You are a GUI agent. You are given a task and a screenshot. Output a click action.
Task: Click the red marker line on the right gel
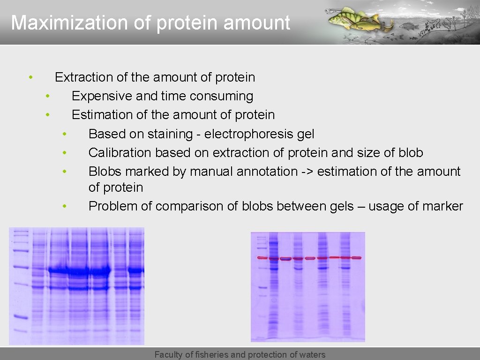[x=309, y=258]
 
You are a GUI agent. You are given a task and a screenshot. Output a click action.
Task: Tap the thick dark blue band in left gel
[x=79, y=270]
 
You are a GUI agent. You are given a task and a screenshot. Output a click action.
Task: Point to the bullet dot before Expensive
[x=47, y=96]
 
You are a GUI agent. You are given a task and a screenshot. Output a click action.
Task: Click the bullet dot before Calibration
[x=64, y=153]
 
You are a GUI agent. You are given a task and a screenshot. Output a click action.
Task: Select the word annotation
[x=267, y=172]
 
